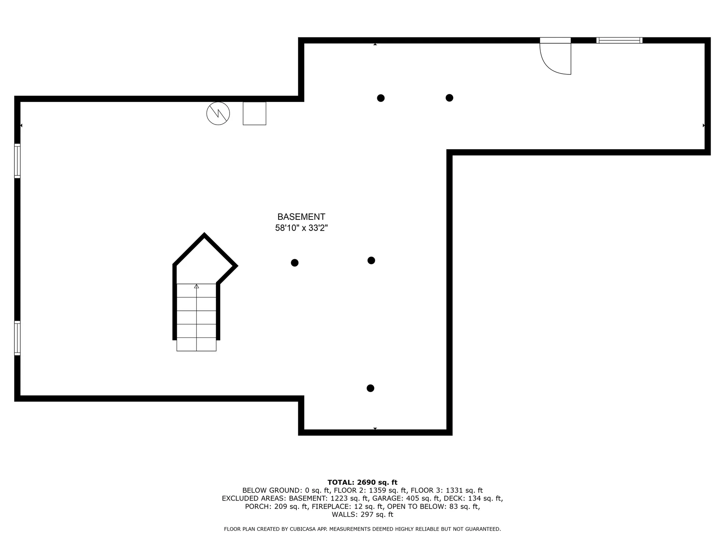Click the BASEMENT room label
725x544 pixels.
tap(301, 217)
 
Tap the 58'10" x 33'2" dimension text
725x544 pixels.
tap(301, 228)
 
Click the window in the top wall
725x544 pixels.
tap(619, 40)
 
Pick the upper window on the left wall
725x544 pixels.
tap(17, 161)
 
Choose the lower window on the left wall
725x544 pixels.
tap(17, 338)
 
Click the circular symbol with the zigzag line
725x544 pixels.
tap(218, 113)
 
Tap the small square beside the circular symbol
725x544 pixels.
tap(254, 113)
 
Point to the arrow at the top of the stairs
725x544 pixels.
tap(196, 286)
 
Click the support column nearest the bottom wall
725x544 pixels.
tap(370, 388)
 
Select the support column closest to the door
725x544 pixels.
tap(449, 98)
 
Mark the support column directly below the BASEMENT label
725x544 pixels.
tap(295, 263)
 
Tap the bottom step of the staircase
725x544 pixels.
tap(196, 345)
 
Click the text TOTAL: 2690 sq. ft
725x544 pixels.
tap(362, 482)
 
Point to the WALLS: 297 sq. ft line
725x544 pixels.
tap(362, 515)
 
